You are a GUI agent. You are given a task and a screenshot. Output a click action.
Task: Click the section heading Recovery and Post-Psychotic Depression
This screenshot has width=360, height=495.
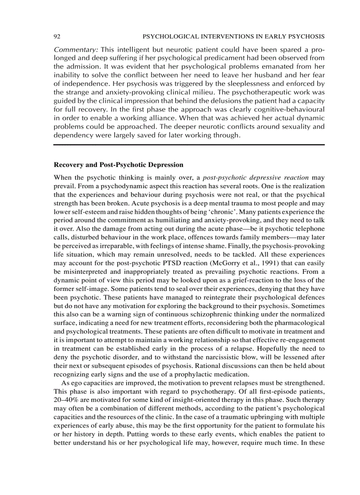point(118,165)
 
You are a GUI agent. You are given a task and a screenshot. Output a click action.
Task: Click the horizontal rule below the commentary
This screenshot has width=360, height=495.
point(189,144)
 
